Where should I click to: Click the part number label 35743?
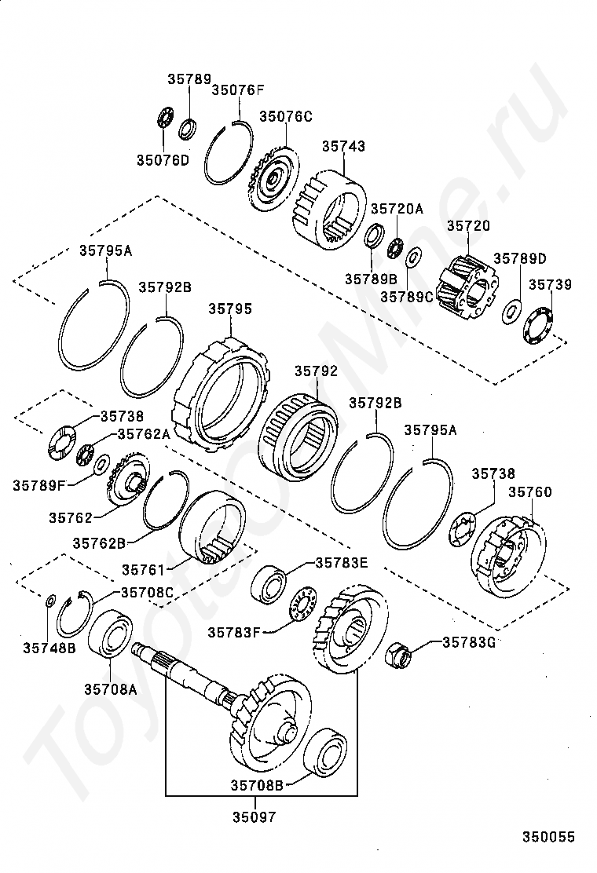pyautogui.click(x=343, y=146)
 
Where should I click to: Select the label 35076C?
pyautogui.click(x=286, y=116)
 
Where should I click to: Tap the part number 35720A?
pyautogui.click(x=397, y=209)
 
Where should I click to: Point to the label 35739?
pyautogui.click(x=550, y=284)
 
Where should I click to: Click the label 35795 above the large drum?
pyautogui.click(x=230, y=309)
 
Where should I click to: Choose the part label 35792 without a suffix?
pyautogui.click(x=317, y=370)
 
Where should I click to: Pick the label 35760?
pyautogui.click(x=530, y=492)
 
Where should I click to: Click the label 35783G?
pyautogui.click(x=469, y=641)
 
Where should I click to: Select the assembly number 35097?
pyautogui.click(x=255, y=816)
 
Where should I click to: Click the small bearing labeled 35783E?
pyautogui.click(x=271, y=584)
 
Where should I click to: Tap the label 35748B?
pyautogui.click(x=49, y=648)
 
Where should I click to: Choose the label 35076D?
pyautogui.click(x=163, y=160)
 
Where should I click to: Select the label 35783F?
pyautogui.click(x=234, y=630)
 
